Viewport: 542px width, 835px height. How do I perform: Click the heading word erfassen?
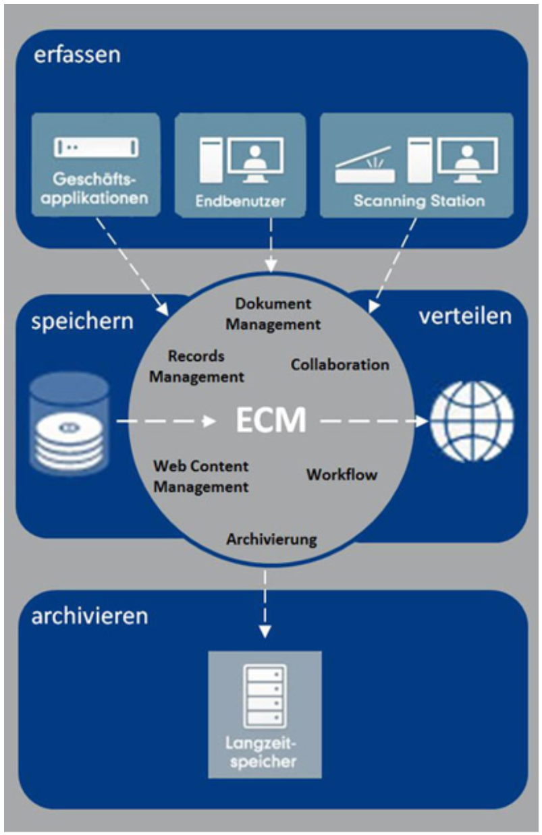(x=78, y=55)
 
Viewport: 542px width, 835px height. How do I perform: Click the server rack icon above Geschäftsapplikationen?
(x=95, y=147)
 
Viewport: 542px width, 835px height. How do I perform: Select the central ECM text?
(x=270, y=421)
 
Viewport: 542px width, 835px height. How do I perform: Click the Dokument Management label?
(x=273, y=314)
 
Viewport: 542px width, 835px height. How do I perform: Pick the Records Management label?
(x=196, y=366)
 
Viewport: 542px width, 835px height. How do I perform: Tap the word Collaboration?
(x=340, y=364)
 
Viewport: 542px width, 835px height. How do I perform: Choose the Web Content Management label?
(x=200, y=476)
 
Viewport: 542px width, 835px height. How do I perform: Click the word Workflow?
(x=342, y=474)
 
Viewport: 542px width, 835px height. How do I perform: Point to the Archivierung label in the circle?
(x=271, y=540)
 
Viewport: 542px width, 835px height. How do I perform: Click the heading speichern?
(x=82, y=320)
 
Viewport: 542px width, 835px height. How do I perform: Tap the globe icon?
(x=472, y=422)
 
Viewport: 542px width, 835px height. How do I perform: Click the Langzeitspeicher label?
(x=265, y=755)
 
